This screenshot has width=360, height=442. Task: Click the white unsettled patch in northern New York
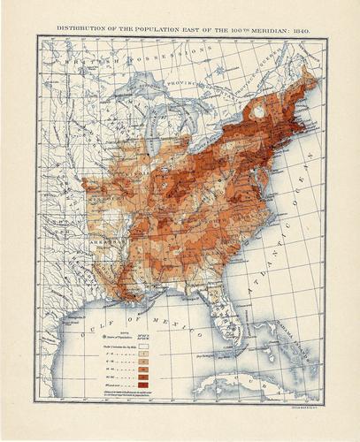pyautogui.click(x=258, y=112)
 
